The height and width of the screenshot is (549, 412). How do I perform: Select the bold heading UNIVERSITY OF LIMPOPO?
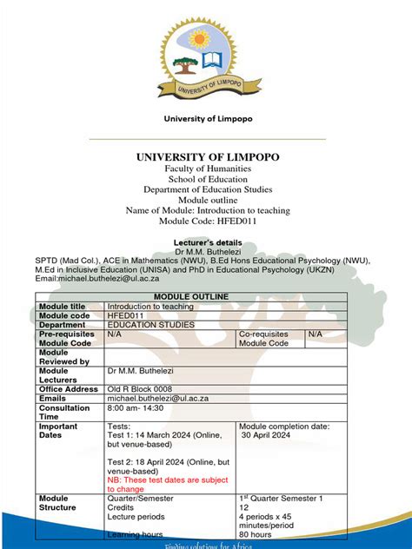(206, 156)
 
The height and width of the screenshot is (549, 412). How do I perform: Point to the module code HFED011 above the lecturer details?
(206, 221)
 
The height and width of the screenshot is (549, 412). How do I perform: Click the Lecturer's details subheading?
(206, 238)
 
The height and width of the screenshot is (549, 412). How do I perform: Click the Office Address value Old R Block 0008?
(140, 389)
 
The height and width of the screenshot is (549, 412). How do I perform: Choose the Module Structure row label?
(58, 503)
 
